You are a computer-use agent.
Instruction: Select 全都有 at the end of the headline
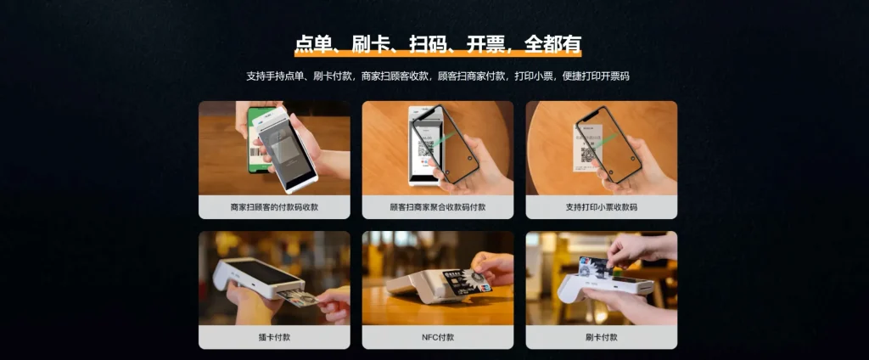552,44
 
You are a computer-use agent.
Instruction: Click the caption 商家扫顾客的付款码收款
274,207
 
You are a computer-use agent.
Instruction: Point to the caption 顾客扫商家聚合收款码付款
438,207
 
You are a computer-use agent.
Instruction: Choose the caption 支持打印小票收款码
602,207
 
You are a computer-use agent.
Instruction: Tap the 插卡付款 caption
274,337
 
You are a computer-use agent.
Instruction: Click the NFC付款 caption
438,337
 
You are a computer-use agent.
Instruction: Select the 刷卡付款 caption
602,337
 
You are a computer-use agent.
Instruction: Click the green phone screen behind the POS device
256,138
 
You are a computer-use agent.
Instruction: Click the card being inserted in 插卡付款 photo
298,299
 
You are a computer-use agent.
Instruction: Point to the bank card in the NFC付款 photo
466,281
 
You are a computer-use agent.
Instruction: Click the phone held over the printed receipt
608,144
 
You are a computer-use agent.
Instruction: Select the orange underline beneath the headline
438,53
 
